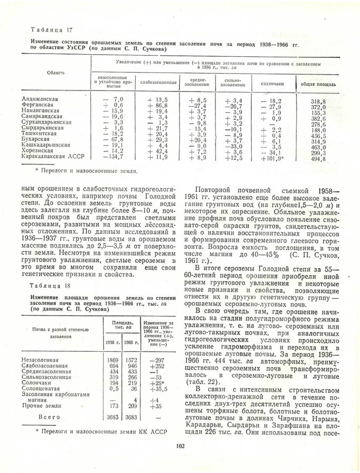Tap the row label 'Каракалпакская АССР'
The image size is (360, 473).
[x=54, y=157]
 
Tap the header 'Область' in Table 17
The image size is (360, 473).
[x=55, y=73]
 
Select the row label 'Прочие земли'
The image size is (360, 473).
[x=43, y=406]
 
